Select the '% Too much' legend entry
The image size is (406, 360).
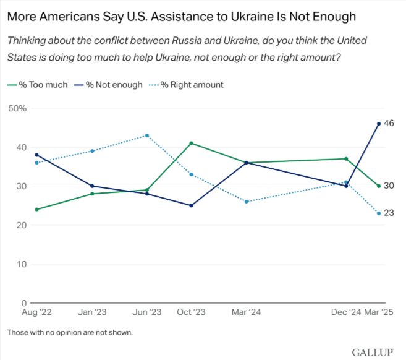[x=38, y=84]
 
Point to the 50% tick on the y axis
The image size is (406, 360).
[x=17, y=108]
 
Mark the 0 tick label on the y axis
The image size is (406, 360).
[x=23, y=304]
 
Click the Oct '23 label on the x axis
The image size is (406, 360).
[x=191, y=313]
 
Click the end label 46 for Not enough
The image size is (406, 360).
[x=389, y=124]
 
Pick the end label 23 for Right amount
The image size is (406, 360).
[x=389, y=213]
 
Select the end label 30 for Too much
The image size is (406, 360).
[x=389, y=186]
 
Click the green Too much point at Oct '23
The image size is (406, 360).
[x=191, y=143]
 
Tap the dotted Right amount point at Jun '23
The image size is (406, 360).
[x=147, y=135]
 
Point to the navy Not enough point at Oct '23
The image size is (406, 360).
[x=191, y=205]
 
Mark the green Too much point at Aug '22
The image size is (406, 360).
[x=37, y=210]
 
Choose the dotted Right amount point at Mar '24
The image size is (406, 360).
[x=247, y=202]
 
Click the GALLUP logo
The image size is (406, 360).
[x=373, y=352]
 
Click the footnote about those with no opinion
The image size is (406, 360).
[x=70, y=332]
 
